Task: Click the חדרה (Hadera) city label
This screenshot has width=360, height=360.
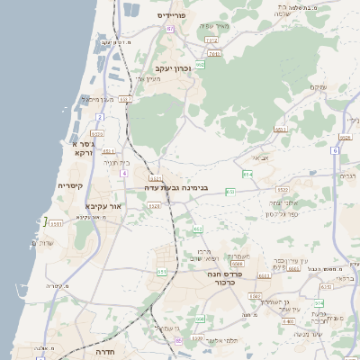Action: (x=106, y=352)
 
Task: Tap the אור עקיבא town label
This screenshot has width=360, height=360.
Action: (x=103, y=205)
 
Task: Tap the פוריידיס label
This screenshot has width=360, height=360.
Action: (x=171, y=15)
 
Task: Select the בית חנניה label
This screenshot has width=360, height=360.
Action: (x=118, y=162)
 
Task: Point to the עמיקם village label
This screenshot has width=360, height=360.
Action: (x=317, y=86)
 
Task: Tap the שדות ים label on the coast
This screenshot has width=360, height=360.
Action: (x=42, y=243)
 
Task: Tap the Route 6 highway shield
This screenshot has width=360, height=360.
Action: (x=334, y=150)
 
